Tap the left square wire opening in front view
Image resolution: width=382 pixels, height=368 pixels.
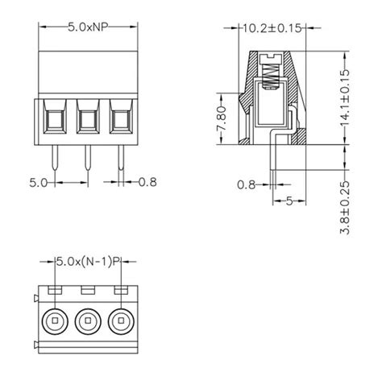pos(55,121)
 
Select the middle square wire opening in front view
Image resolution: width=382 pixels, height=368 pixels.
pos(87,121)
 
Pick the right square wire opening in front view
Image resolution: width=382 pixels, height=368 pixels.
pos(119,121)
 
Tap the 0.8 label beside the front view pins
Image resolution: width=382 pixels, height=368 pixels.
pos(147,182)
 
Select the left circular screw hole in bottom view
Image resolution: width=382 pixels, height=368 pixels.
pos(55,321)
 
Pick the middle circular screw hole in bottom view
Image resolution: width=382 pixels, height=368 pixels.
pos(87,321)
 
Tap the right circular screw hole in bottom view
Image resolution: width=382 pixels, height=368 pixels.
pos(120,321)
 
